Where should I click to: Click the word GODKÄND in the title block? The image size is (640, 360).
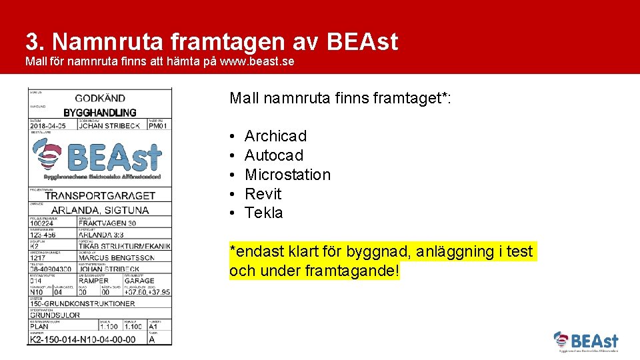click(99, 98)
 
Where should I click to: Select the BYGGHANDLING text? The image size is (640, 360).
click(99, 112)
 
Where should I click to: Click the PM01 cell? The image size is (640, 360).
click(158, 125)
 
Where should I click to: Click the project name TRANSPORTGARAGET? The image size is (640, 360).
click(99, 195)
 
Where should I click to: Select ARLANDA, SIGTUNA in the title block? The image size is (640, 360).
click(99, 210)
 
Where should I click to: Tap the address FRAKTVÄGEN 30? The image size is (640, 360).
click(107, 223)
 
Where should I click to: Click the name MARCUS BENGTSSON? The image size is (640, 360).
click(116, 257)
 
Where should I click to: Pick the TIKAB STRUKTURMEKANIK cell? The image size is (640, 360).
click(124, 246)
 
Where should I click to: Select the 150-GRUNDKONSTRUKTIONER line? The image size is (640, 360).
click(82, 303)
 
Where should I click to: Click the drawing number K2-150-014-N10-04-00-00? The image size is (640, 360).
click(83, 339)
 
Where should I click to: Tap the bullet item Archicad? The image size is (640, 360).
click(275, 136)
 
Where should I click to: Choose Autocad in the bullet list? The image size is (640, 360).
click(273, 155)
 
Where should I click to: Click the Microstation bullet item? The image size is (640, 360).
click(287, 175)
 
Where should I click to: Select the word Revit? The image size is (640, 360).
click(263, 194)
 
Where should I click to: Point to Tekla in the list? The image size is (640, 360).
click(263, 213)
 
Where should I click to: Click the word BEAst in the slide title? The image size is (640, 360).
click(362, 41)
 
